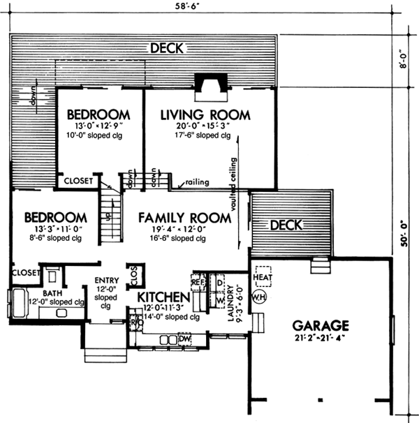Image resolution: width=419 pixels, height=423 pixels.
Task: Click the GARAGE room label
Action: pos(321,325)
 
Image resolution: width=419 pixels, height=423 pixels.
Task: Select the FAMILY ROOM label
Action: pos(184,218)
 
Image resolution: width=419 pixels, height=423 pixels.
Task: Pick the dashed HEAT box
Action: pos(263,277)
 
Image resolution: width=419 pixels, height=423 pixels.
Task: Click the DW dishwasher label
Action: pos(184,339)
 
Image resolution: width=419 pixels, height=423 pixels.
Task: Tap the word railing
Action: pos(197,181)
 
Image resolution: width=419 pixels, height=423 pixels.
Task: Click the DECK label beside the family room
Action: pos(286,225)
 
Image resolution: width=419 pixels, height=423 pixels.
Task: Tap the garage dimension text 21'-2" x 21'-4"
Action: pos(321,339)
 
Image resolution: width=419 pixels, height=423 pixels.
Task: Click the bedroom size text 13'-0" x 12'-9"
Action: pos(98,126)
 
